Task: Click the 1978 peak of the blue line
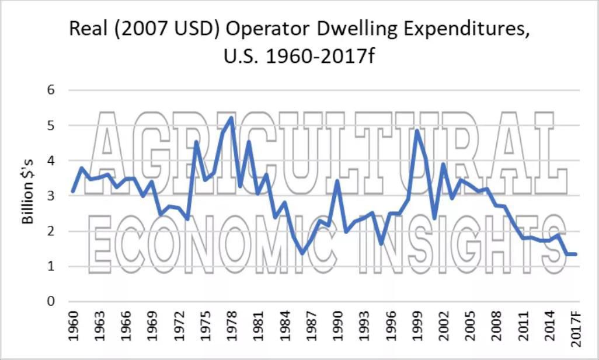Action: pyautogui.click(x=231, y=118)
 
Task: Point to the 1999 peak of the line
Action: pyautogui.click(x=417, y=131)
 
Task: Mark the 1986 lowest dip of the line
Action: pyautogui.click(x=302, y=252)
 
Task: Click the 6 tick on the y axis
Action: pyautogui.click(x=51, y=90)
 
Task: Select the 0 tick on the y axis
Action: pyautogui.click(x=51, y=302)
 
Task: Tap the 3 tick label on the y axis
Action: pyautogui.click(x=51, y=196)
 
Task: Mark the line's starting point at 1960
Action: pyautogui.click(x=72, y=191)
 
